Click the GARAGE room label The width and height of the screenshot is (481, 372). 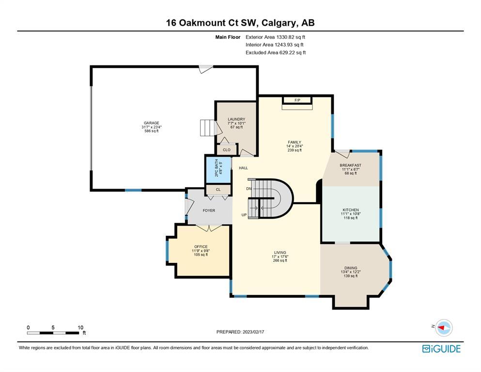152,123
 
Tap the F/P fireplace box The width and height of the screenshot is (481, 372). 297,100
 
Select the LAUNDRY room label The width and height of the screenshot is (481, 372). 236,119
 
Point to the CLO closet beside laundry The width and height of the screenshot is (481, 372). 227,149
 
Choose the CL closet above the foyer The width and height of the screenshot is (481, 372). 218,190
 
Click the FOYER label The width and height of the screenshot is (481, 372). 209,210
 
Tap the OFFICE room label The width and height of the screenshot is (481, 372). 201,247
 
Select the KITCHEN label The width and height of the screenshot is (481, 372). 351,210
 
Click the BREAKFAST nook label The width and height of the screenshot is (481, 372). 350,165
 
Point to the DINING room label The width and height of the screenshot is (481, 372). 351,268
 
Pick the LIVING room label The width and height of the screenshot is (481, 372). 280,253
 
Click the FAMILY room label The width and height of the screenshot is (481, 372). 295,142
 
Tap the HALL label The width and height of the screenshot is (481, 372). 243,168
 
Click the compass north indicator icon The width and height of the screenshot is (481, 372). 444,328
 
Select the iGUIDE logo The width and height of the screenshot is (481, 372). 441,349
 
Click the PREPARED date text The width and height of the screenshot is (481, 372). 240,332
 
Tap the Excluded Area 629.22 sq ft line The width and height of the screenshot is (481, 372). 276,52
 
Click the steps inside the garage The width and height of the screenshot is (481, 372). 207,128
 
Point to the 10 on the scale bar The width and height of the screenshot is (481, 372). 80,327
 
